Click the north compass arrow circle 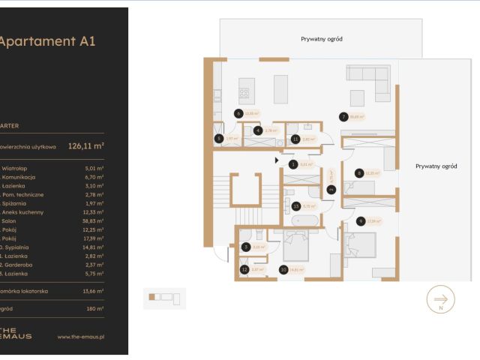coord(440,300)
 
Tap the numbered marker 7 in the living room coord(343,116)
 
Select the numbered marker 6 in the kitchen coord(238,114)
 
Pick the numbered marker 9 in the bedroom coord(361,220)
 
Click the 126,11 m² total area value coord(85,146)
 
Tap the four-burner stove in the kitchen coord(244,94)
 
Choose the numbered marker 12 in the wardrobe coord(244,269)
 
